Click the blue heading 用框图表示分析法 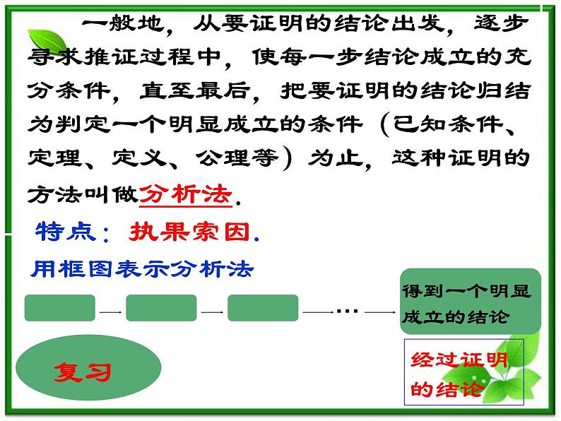142,268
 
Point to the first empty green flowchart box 59,309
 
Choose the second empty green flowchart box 161,309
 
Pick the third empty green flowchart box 263,309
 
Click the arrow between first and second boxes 110,311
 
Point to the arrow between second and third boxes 212,311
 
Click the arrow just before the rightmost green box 380,311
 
